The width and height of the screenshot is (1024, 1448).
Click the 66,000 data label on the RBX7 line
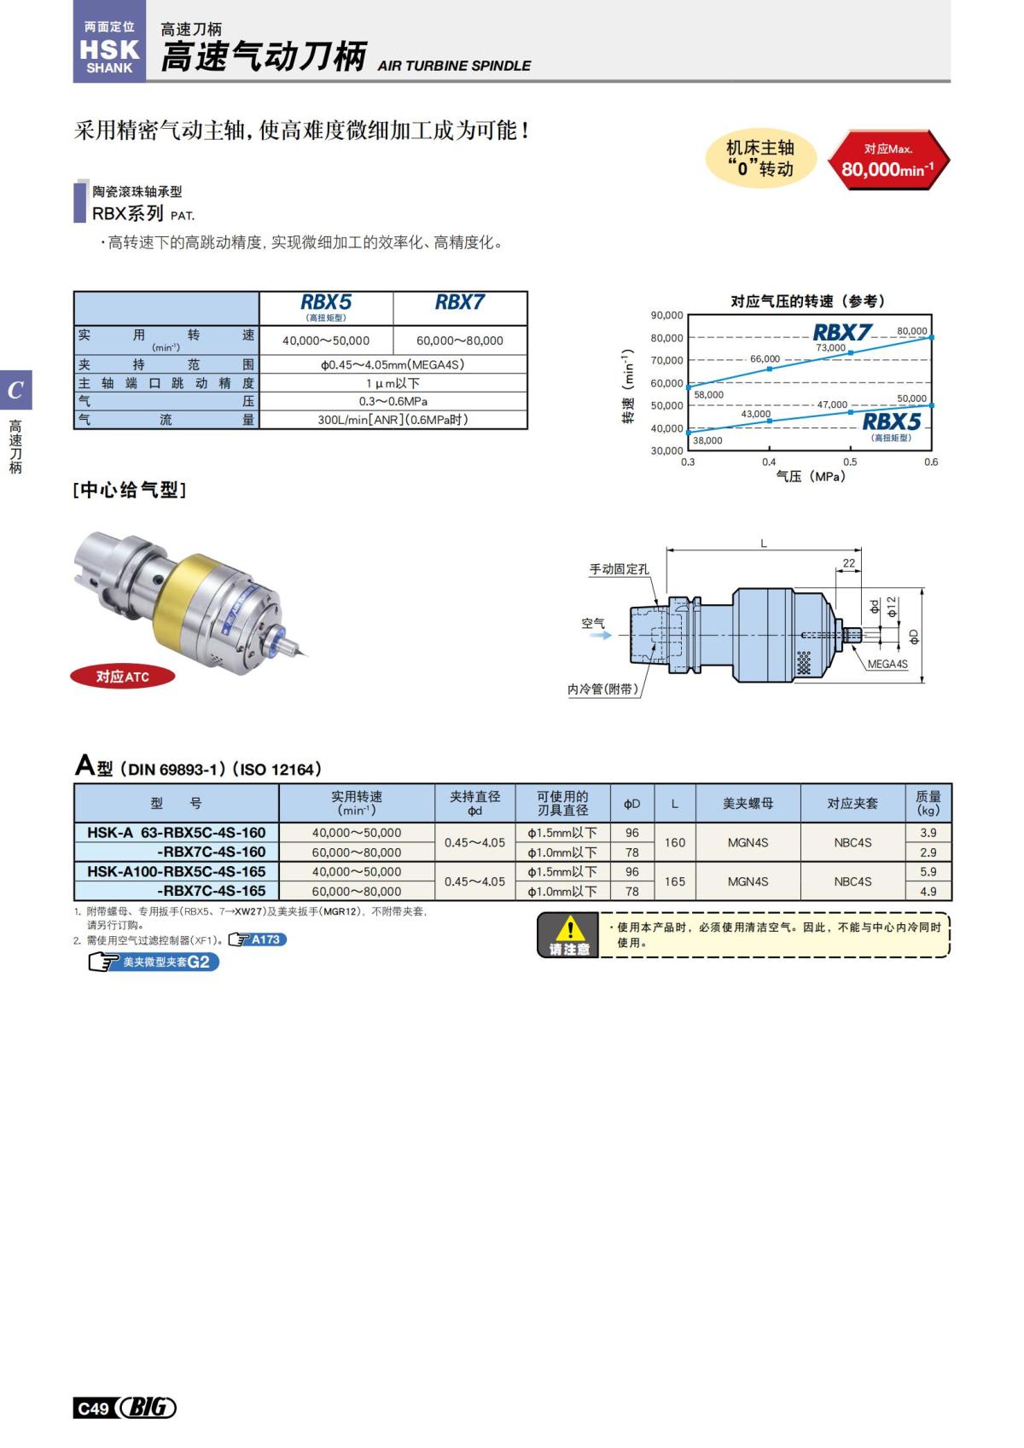pos(765,359)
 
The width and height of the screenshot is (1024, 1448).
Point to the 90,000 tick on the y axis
pos(666,316)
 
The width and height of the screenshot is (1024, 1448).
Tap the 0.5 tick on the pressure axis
pos(850,462)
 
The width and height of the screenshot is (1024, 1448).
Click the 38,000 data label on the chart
pos(707,440)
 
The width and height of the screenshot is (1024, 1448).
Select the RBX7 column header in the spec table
pos(459,303)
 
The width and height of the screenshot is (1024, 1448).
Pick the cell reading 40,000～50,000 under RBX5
pos(326,340)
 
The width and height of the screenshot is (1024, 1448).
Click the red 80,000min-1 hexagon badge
pos(887,160)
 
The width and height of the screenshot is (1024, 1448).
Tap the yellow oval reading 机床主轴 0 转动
pos(759,159)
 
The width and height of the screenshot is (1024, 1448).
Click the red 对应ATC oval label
pos(123,677)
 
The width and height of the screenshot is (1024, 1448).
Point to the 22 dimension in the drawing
pos(848,563)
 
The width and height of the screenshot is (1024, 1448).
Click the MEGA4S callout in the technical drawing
pos(887,664)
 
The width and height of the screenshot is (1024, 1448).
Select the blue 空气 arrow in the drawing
pos(601,635)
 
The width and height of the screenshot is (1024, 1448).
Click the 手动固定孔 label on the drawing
pos(619,569)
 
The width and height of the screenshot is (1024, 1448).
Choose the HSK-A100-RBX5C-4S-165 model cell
pos(177,871)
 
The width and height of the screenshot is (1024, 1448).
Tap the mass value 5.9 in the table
pos(928,871)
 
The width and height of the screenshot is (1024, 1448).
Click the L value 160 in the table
pos(674,842)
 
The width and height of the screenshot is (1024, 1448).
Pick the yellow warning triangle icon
pos(569,928)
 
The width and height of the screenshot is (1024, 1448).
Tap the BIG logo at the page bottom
pos(147,1408)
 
